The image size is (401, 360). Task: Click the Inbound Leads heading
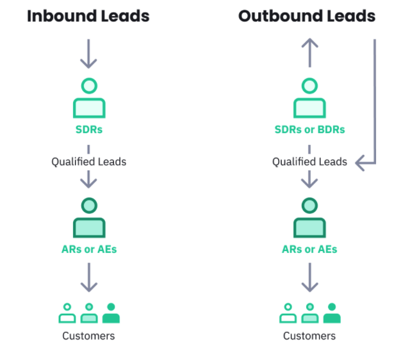pos(88,16)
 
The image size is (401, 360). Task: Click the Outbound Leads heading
pos(307,16)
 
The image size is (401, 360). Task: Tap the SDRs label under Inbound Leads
pos(89,129)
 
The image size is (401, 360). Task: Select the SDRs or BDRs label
pos(309,129)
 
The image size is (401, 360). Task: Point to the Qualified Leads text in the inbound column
pos(89,161)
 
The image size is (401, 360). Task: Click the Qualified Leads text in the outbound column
pos(309,161)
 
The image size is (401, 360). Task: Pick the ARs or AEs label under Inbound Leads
pos(89,249)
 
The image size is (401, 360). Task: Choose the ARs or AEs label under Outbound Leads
pos(309,249)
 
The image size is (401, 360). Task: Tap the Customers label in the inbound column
pos(89,336)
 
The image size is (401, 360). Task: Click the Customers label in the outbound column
pos(309,336)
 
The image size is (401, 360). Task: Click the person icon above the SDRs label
pos(89,99)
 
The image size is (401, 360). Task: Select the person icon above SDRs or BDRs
pos(309,99)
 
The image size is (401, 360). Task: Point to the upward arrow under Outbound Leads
pos(309,52)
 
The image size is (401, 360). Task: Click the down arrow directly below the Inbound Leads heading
pos(88,54)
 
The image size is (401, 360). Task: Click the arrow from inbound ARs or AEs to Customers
pos(89,277)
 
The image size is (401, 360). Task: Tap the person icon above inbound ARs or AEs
pos(89,218)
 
